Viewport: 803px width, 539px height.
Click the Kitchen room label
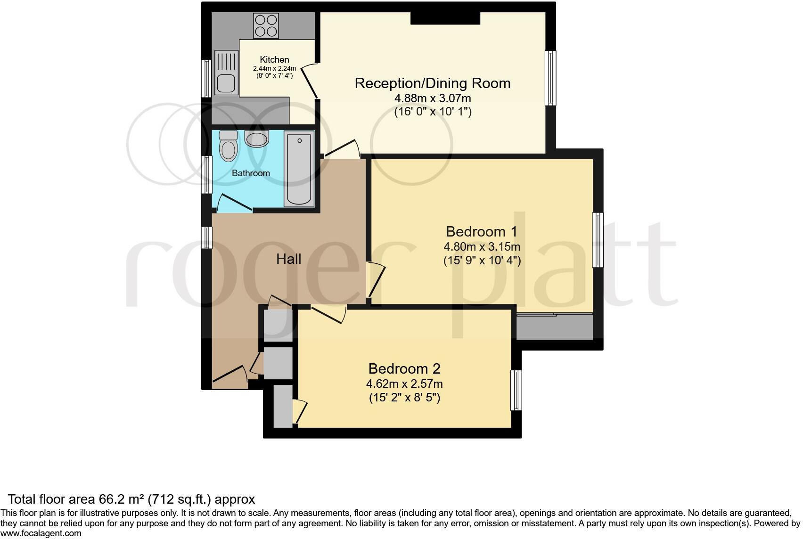[x=274, y=59]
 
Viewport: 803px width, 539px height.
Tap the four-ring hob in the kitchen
[x=266, y=25]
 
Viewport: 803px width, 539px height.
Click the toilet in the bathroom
[x=229, y=146]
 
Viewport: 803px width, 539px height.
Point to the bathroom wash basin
[x=257, y=139]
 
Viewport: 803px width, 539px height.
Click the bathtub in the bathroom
[x=299, y=169]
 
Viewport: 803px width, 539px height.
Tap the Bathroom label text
[x=251, y=173]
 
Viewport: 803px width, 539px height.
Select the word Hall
[x=288, y=259]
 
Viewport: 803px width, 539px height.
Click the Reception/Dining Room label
[x=432, y=83]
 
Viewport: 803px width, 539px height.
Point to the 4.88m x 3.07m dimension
[x=432, y=98]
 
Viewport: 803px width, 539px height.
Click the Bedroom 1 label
[x=481, y=232]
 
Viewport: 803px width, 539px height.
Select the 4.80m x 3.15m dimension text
[x=481, y=246]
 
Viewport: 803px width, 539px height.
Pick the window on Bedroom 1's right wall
[x=598, y=240]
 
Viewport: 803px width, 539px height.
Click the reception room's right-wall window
[x=550, y=78]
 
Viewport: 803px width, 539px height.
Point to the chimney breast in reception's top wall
[x=445, y=18]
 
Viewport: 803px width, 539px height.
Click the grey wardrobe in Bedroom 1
[x=554, y=327]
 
